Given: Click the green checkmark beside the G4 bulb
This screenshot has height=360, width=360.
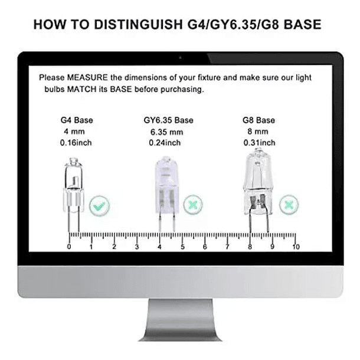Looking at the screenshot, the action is [x=99, y=206].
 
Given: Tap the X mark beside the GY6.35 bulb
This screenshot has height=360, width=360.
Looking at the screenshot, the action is [x=193, y=205].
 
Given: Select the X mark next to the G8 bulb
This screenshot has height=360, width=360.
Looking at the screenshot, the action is [x=289, y=205].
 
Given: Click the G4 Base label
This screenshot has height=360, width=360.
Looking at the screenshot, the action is [x=77, y=120].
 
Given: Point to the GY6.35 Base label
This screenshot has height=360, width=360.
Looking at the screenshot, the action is [x=168, y=120].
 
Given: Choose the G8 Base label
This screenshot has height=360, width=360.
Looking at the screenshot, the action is [x=258, y=120].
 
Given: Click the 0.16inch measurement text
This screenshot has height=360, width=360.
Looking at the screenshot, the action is [x=76, y=143].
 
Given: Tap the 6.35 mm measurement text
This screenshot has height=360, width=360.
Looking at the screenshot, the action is [x=166, y=132].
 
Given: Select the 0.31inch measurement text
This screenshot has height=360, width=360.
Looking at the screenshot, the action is [x=259, y=143].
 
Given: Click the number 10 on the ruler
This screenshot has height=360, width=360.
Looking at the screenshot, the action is [x=296, y=247].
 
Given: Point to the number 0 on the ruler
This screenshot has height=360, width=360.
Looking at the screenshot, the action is [x=69, y=247].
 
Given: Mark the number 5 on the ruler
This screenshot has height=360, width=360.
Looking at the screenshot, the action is [x=182, y=247].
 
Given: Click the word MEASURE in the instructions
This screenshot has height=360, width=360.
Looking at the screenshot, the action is [x=87, y=77].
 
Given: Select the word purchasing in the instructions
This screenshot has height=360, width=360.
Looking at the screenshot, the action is [x=182, y=90].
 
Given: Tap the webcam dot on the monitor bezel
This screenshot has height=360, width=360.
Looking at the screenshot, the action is [x=180, y=58].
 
